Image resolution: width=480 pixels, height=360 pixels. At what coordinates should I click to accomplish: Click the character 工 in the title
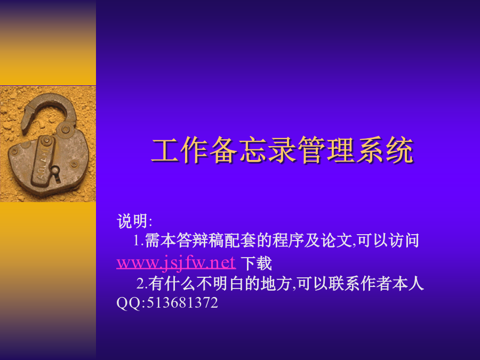[x=165, y=150]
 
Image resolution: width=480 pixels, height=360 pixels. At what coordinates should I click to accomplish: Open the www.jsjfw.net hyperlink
[x=176, y=262]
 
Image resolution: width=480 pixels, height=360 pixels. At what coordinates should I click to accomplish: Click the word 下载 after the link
[x=256, y=263]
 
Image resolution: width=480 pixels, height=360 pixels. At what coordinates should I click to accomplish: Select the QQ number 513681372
[x=182, y=303]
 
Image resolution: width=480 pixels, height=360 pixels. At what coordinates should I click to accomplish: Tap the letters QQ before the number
[x=129, y=303]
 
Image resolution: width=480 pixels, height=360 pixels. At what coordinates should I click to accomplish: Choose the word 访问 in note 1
[x=404, y=241]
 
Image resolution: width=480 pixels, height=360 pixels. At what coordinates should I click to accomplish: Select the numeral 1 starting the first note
[x=137, y=241]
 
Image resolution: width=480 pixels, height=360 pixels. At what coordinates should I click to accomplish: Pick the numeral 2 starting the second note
[x=140, y=284]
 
